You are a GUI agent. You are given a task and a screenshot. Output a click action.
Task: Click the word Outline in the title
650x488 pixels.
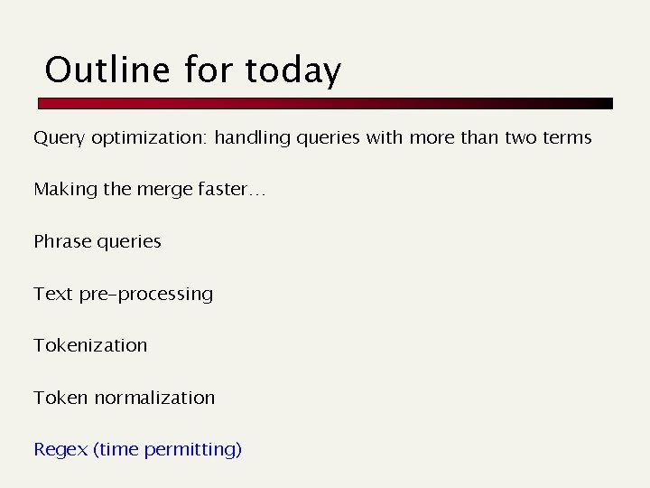coord(108,70)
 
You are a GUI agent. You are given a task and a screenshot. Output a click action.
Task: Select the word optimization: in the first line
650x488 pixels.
coord(149,138)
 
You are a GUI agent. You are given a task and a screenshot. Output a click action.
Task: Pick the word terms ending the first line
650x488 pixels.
coord(567,138)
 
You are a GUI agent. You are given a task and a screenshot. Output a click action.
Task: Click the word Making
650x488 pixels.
coord(64,190)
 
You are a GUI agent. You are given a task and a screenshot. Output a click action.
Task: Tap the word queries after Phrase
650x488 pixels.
coord(129,242)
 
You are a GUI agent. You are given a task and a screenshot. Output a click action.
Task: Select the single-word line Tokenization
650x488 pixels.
coord(90,345)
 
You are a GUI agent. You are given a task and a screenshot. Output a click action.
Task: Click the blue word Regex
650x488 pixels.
coord(60,450)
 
